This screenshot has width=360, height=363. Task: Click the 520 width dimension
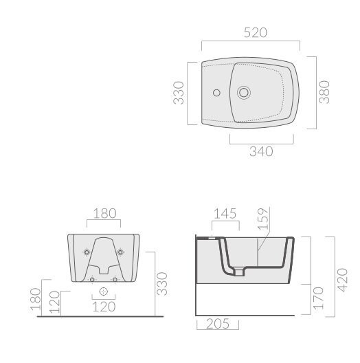256,32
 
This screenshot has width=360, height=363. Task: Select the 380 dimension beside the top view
324,92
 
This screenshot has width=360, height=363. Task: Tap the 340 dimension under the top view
261,152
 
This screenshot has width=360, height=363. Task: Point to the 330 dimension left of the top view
179,93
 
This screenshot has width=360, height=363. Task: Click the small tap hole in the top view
216,93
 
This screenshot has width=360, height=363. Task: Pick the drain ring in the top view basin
244,92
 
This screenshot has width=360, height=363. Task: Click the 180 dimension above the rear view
104,213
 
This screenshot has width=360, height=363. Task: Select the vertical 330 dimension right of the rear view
162,284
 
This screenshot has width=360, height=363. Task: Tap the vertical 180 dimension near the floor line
36,299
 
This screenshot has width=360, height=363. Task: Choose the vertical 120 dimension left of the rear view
54,302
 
